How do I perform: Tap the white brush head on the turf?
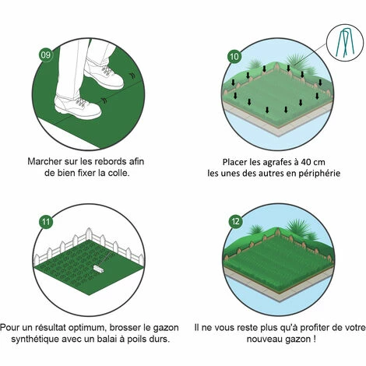tap(99, 267)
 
